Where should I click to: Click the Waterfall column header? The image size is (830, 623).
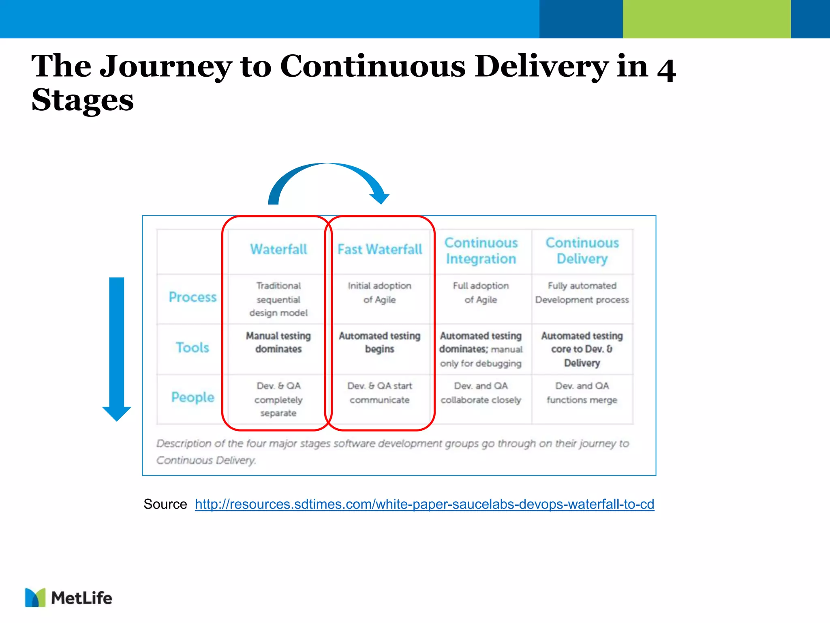click(278, 249)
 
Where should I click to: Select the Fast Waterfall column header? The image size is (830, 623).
click(380, 249)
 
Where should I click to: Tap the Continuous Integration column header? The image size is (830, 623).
click(481, 251)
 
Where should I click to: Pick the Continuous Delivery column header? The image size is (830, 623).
click(582, 251)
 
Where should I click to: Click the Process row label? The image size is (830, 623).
click(193, 297)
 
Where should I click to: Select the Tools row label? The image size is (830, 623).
click(193, 348)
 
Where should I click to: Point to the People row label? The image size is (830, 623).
click(193, 397)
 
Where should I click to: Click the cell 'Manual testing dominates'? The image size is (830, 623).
click(278, 342)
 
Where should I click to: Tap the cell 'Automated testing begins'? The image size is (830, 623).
click(380, 342)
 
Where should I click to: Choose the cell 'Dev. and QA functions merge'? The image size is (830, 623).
click(582, 393)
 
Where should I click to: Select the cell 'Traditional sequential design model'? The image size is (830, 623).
click(278, 299)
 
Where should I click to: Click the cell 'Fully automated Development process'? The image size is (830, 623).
click(582, 293)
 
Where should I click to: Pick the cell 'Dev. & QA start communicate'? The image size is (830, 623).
click(380, 393)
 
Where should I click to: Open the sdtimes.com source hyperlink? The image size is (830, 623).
click(424, 504)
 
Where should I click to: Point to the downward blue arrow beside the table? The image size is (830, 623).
click(117, 349)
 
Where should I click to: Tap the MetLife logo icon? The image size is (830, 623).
click(35, 597)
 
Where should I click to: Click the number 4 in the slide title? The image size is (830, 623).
click(666, 70)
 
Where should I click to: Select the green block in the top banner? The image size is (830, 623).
click(706, 19)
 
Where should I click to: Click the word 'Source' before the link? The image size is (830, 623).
click(165, 504)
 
